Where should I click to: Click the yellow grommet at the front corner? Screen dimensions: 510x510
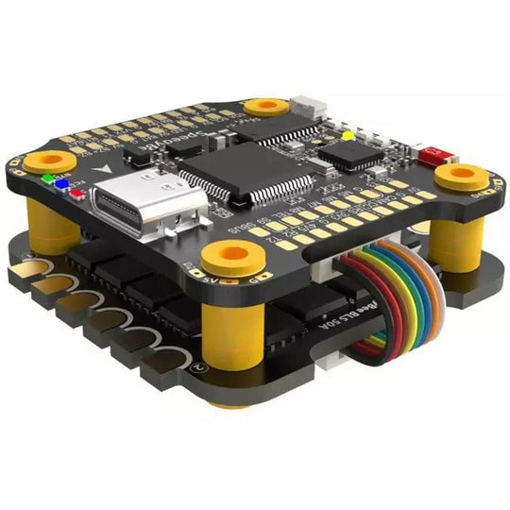(229, 253)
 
